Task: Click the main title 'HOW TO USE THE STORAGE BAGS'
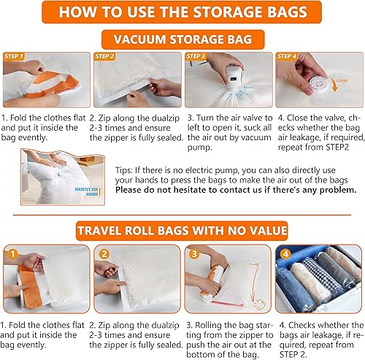tap(182, 13)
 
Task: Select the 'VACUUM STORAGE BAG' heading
tap(182, 39)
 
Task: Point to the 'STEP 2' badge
tap(105, 56)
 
